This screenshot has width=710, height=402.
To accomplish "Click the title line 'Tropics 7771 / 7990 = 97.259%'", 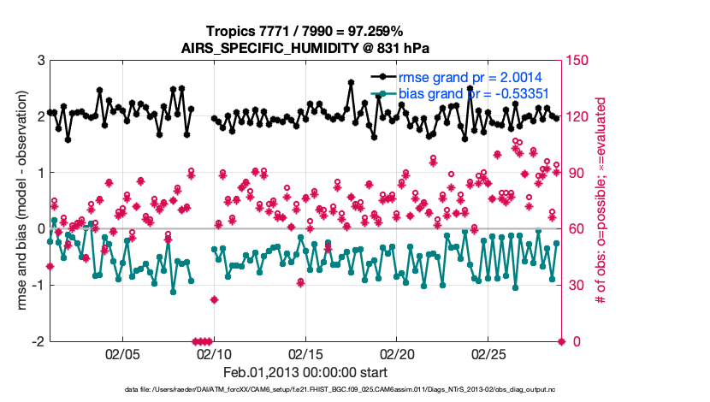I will [305, 32].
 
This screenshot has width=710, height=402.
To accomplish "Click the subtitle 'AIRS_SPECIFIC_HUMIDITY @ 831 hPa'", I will [305, 48].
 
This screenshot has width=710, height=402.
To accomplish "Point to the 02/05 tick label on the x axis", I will [121, 352].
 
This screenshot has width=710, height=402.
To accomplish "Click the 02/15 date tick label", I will [305, 352].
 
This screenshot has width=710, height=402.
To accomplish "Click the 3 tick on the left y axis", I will [40, 61].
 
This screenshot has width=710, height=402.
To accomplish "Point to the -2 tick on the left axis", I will [38, 341].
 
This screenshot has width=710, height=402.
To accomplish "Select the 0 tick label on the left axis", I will [40, 229].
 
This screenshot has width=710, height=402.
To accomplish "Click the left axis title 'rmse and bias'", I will [17, 201].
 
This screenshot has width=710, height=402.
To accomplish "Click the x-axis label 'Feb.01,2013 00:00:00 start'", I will [305, 372].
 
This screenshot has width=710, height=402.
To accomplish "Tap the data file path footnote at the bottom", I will [305, 390].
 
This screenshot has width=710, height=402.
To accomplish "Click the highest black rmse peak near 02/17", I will [351, 82].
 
